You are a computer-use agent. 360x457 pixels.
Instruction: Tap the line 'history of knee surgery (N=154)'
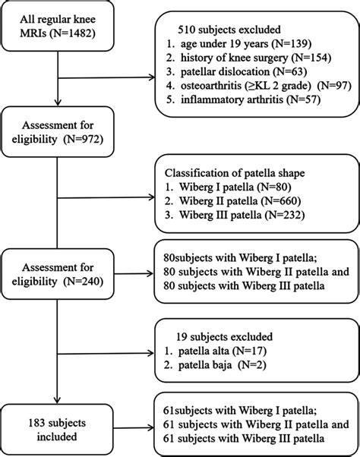(243, 50)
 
